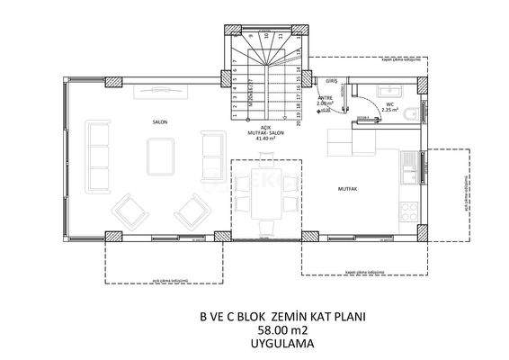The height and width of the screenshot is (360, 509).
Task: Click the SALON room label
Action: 161,120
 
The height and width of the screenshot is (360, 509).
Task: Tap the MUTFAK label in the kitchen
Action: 349,189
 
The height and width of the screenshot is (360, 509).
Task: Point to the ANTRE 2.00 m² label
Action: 325,102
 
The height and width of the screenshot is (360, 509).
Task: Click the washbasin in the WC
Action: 391,90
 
